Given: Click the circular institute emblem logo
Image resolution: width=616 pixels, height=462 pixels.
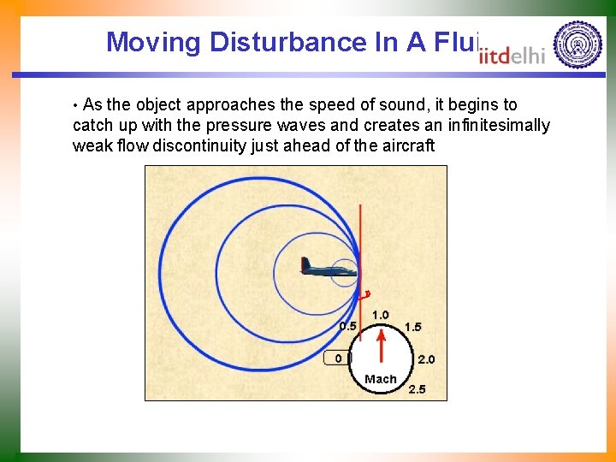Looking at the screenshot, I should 577,44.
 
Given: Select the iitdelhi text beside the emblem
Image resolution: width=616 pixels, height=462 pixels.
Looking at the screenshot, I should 512,56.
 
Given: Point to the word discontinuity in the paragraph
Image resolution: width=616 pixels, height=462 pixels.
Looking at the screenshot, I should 199,146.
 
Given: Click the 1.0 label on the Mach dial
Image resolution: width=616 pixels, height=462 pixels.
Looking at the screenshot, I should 381,315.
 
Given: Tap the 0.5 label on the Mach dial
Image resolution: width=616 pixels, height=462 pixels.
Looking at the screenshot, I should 348,326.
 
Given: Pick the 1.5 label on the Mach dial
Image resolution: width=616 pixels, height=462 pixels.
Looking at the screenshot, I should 412,327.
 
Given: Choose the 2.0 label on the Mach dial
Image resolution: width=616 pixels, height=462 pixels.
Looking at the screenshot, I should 425,359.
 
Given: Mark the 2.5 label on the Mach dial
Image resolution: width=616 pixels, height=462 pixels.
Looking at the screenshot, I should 417,389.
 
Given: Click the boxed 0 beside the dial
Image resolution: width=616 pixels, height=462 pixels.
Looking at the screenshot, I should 338,358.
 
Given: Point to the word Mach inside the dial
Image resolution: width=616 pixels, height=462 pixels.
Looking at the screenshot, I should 381,379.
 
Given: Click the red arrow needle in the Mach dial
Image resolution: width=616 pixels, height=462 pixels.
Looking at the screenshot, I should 382,346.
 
